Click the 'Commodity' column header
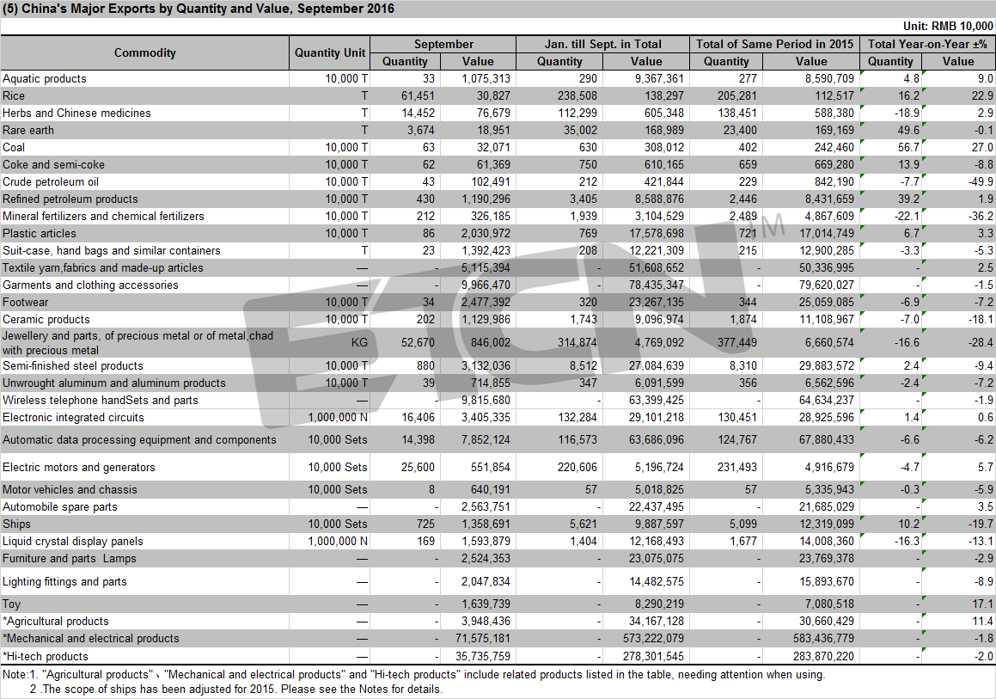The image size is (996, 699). (145, 52)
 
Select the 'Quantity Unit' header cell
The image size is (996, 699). (330, 52)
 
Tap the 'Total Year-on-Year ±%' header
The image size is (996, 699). (927, 44)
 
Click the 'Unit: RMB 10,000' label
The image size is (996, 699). (948, 26)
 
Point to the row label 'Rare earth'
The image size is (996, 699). (28, 131)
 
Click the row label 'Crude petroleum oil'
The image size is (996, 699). (51, 181)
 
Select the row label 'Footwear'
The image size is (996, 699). (26, 303)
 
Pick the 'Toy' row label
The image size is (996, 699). (11, 604)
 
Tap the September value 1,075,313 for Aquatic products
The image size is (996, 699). (486, 79)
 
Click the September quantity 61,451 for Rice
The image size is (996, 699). (418, 96)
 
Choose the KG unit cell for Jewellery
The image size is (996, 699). (359, 342)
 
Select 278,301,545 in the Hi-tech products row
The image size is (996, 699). (654, 656)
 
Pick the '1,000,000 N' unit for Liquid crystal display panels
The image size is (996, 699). (338, 542)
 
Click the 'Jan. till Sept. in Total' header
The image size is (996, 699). (602, 44)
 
